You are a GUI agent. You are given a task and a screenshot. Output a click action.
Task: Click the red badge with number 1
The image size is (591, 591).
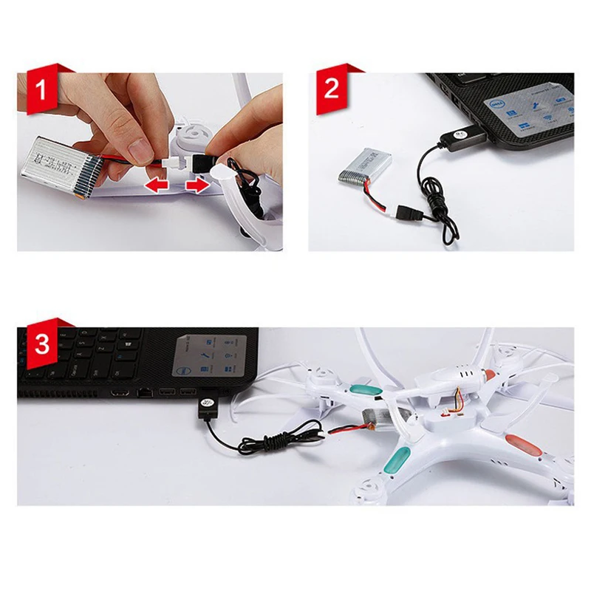(x=41, y=92)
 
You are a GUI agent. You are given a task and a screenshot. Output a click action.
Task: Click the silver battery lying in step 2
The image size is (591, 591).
(x=367, y=168)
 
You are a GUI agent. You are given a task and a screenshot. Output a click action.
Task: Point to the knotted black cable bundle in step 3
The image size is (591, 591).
(x=274, y=444)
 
